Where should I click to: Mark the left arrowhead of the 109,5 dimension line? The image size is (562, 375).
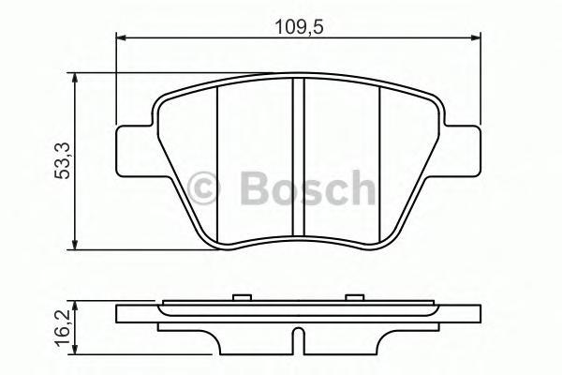[120, 38]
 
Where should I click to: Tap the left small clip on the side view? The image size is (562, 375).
[242, 298]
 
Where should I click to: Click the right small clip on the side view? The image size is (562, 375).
[353, 298]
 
